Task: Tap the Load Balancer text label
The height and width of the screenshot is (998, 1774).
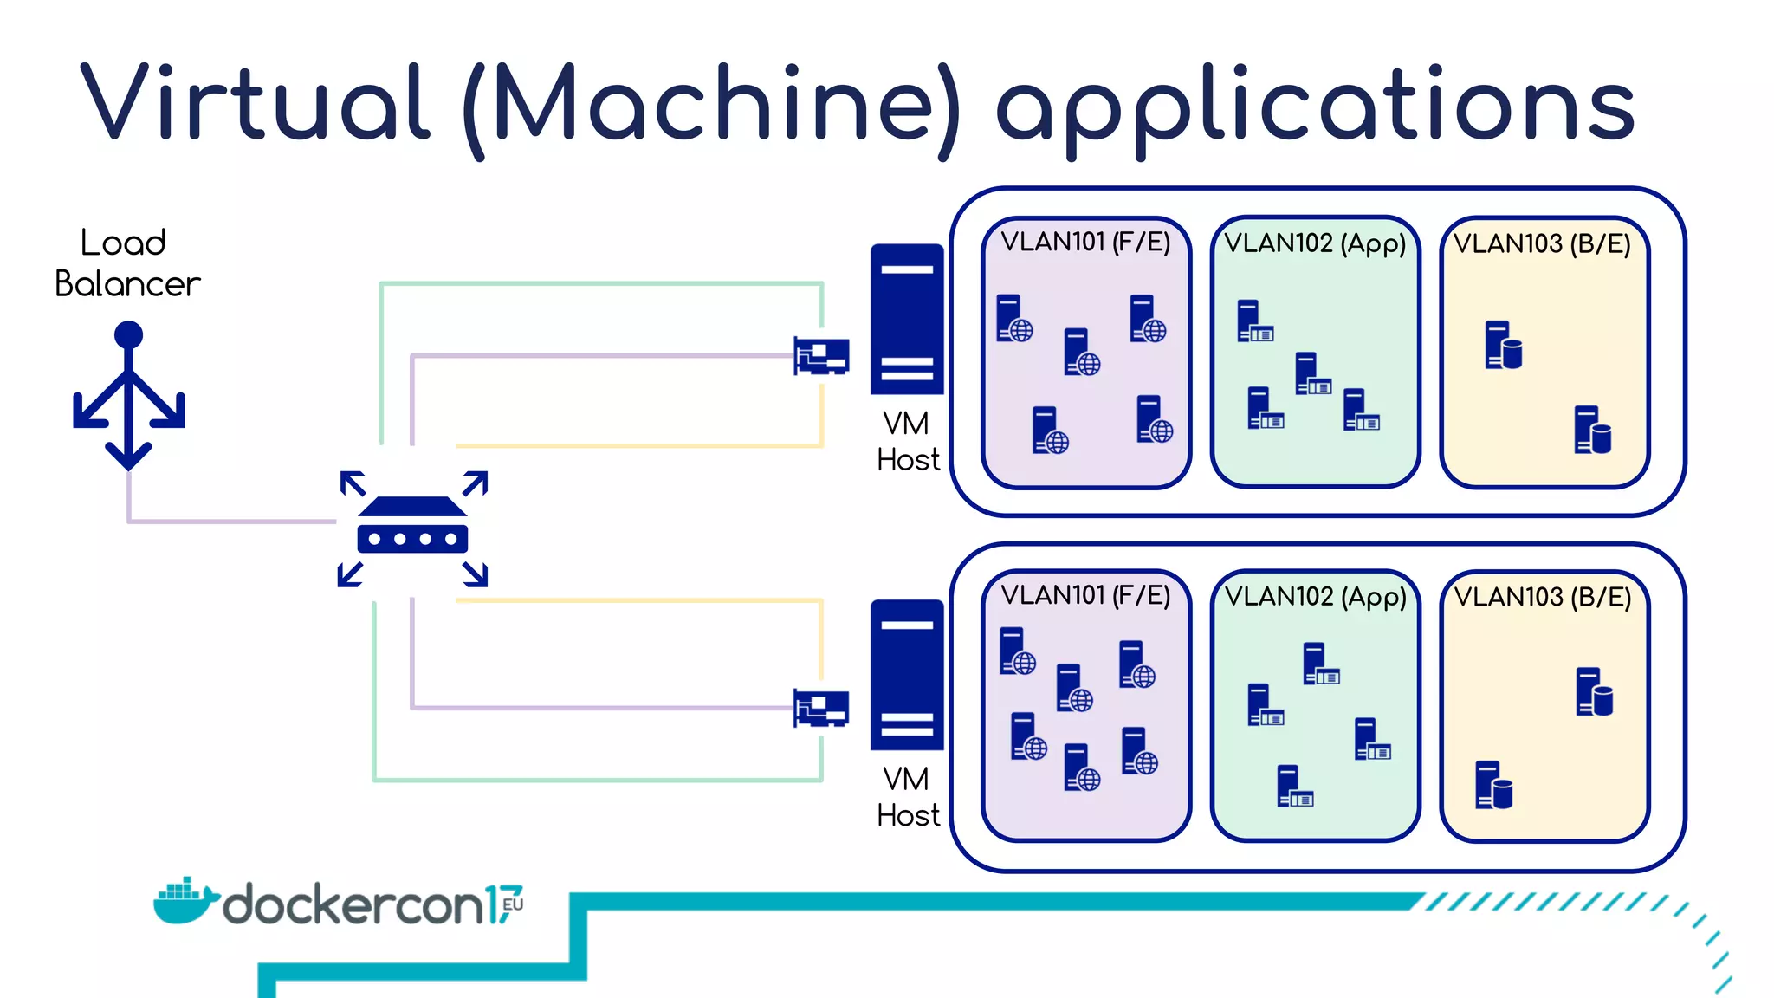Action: (x=126, y=263)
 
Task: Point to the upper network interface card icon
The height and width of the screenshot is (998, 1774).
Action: (x=821, y=355)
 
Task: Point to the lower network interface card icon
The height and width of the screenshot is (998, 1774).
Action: (x=821, y=708)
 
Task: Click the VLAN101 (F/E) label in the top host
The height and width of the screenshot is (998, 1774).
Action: (x=1085, y=242)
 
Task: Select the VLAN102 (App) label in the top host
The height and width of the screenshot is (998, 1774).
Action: (x=1315, y=243)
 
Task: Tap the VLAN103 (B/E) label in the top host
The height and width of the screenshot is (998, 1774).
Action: (x=1542, y=243)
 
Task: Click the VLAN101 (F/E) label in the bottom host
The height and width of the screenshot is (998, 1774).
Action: (x=1085, y=595)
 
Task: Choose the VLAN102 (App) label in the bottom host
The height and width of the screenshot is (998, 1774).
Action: (x=1315, y=597)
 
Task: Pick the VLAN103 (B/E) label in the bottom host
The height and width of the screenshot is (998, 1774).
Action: (x=1543, y=597)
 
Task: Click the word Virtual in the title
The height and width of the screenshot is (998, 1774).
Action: (x=256, y=104)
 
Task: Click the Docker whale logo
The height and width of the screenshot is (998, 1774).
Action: (x=184, y=901)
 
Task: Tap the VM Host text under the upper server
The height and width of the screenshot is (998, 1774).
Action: (x=907, y=441)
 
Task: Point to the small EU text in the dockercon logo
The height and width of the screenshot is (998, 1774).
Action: (x=513, y=904)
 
